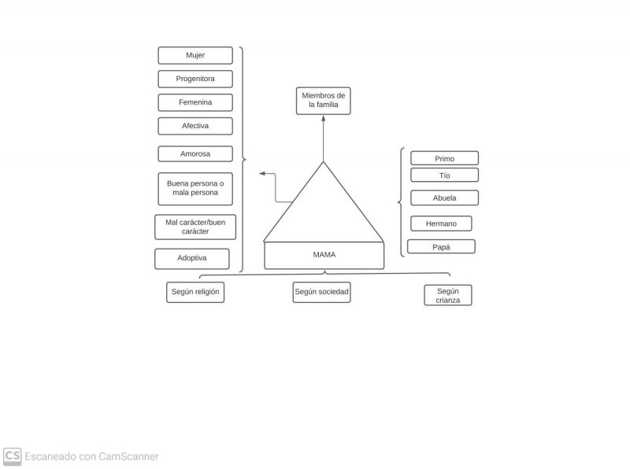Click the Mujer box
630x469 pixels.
195,55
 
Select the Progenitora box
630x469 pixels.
195,79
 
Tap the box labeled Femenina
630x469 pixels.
195,102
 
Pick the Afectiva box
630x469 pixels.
195,126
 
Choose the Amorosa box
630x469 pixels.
195,153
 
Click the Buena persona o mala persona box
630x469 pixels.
195,188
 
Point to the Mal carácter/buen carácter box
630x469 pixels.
195,227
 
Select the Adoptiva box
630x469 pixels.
192,258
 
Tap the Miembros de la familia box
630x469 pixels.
324,101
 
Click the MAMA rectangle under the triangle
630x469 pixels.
324,255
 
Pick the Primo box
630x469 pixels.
444,158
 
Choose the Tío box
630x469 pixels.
444,175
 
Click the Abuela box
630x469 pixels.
444,198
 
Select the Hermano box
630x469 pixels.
441,223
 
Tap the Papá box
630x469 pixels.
441,246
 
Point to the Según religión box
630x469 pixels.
195,292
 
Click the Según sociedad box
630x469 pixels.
321,292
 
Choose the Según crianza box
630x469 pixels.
448,295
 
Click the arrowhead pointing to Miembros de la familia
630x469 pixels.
324,119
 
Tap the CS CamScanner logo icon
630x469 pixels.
12,456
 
